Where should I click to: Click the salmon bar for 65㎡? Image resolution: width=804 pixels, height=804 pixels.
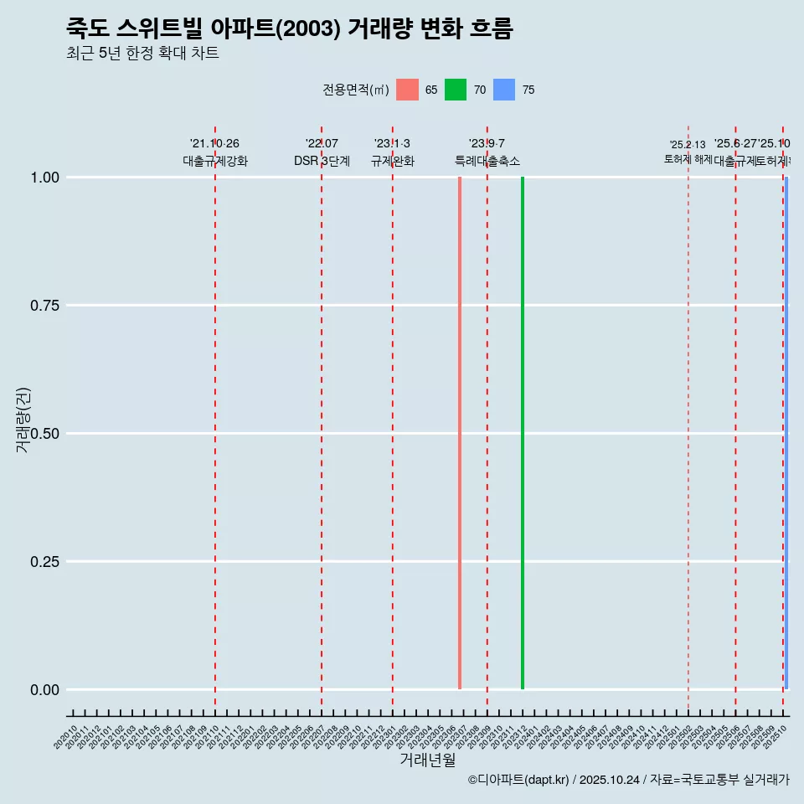460,433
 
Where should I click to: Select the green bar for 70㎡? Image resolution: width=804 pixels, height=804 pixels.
523,433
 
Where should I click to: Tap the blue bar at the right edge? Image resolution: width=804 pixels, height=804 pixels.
786,433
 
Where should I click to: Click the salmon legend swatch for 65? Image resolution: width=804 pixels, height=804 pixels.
407,90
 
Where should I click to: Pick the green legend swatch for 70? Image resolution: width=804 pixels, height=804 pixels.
456,90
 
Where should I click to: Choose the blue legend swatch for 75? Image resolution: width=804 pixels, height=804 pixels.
504,90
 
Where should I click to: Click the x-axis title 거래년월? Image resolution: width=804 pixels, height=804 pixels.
427,760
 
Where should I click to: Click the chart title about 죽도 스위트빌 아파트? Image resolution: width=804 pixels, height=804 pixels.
289,28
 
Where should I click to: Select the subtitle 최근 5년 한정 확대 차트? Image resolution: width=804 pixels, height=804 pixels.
142,54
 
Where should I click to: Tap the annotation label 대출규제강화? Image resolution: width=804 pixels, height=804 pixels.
215,161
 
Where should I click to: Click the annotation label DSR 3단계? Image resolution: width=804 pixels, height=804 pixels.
322,161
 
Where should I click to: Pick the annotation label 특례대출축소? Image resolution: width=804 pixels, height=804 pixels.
487,161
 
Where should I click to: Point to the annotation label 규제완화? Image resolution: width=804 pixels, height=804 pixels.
393,161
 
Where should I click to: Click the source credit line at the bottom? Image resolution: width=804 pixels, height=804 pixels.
628,781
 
